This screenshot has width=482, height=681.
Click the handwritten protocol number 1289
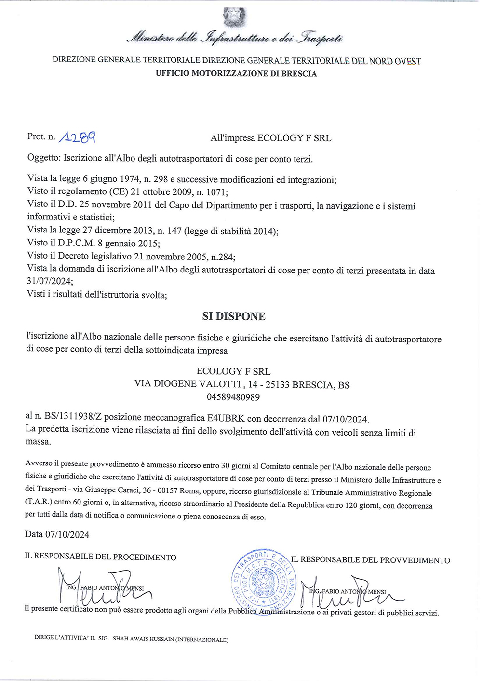(x=77, y=138)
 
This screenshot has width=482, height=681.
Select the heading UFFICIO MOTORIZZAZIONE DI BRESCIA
(x=236, y=74)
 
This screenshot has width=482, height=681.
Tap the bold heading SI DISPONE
(x=234, y=316)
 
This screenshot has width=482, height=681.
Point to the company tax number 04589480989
(x=233, y=397)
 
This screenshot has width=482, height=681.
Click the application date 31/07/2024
(x=50, y=281)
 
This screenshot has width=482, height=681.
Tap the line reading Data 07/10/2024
(x=57, y=534)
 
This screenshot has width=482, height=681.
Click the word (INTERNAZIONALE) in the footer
(x=201, y=640)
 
